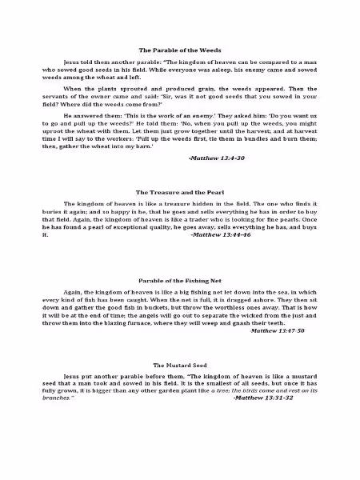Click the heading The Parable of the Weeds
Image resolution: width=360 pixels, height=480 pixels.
click(x=180, y=49)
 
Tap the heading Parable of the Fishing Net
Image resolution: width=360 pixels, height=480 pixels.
click(x=180, y=282)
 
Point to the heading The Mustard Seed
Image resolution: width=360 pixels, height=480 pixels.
click(x=180, y=364)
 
